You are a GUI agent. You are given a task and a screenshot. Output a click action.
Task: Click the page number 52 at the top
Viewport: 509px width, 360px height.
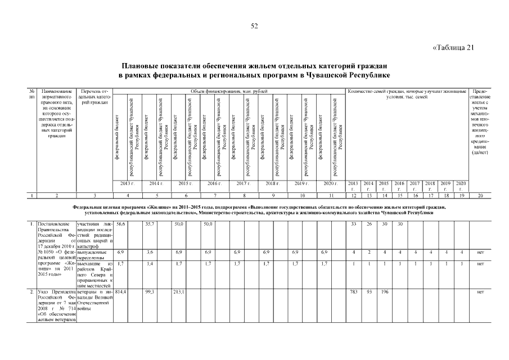[254, 26]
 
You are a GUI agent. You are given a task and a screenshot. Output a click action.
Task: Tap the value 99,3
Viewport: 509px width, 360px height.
[150, 292]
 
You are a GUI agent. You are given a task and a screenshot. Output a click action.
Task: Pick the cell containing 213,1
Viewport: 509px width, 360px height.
[179, 292]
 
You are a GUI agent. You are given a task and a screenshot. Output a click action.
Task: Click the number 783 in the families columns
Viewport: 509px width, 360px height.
[354, 292]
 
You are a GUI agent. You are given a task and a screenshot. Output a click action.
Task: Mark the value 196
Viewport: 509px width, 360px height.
[384, 292]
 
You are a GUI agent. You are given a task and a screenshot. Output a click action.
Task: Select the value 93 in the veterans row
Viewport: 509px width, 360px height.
[369, 292]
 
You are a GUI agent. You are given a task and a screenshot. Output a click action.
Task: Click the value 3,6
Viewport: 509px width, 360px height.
[150, 253]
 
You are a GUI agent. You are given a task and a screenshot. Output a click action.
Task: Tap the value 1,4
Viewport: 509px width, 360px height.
[150, 263]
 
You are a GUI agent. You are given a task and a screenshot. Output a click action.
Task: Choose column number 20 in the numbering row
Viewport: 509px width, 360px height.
[480, 195]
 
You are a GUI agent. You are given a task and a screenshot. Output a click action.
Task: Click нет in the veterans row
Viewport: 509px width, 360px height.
[480, 292]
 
